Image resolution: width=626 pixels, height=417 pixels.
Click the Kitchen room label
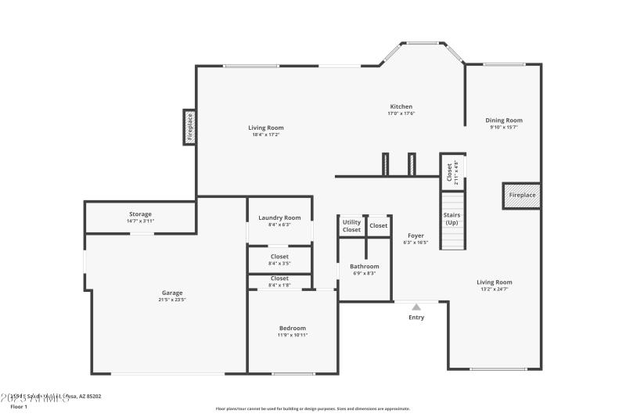click(x=401, y=106)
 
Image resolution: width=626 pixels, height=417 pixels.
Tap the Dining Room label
click(x=504, y=120)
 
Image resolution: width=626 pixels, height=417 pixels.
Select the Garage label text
click(x=172, y=293)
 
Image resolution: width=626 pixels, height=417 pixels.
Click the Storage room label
click(x=141, y=214)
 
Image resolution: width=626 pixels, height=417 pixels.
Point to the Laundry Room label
click(x=279, y=217)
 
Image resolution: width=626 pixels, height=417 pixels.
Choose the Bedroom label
click(x=293, y=328)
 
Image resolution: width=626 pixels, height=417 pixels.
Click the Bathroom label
click(x=364, y=266)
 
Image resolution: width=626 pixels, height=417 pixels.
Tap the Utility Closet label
click(x=352, y=225)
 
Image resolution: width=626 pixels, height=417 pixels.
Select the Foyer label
click(x=416, y=235)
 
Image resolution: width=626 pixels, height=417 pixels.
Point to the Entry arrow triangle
click(x=416, y=307)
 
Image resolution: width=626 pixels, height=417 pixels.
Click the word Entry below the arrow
click(x=416, y=318)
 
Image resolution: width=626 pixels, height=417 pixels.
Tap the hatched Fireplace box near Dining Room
click(x=522, y=195)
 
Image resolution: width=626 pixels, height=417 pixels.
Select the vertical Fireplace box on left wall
click(x=189, y=127)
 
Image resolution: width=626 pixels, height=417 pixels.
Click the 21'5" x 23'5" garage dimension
click(x=172, y=300)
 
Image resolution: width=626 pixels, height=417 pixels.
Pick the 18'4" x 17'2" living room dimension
click(x=266, y=135)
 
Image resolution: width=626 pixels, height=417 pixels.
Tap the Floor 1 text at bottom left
click(x=19, y=407)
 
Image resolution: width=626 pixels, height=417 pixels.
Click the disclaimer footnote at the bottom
click(x=313, y=408)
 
